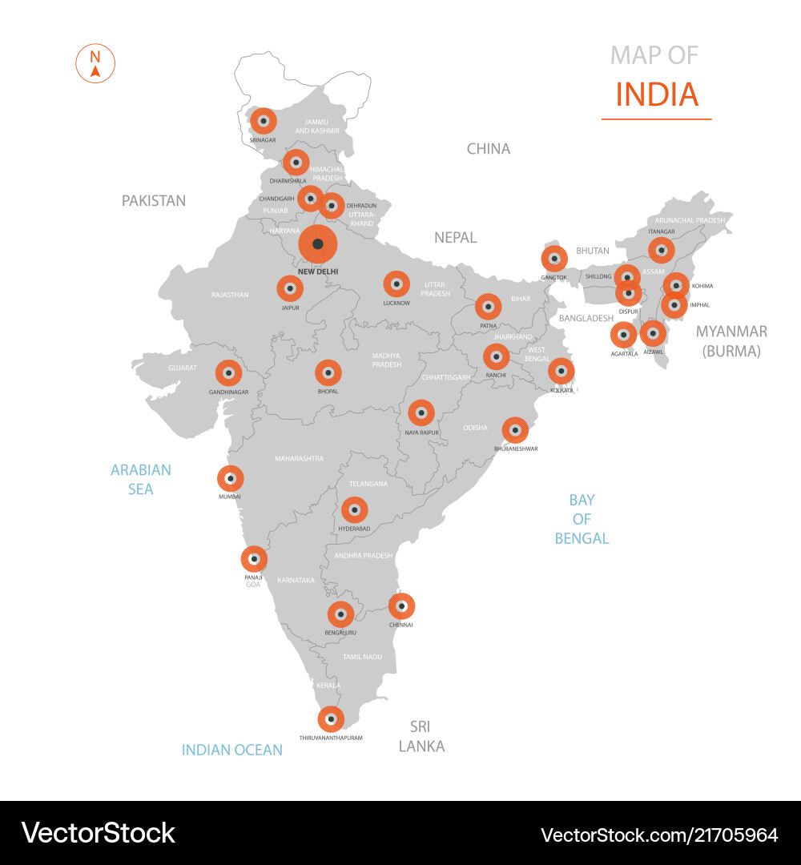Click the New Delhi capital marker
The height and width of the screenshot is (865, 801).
click(x=318, y=244)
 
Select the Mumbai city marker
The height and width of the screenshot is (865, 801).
click(x=231, y=479)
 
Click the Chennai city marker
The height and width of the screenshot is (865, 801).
click(x=401, y=606)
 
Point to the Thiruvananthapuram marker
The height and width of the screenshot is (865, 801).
click(x=331, y=719)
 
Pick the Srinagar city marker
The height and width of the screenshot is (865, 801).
click(x=263, y=121)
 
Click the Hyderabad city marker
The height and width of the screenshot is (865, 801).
click(x=354, y=509)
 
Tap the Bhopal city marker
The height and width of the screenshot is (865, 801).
click(x=328, y=372)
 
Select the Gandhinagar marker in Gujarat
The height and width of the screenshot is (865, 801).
click(x=228, y=372)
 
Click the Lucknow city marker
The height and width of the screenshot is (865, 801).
click(x=396, y=284)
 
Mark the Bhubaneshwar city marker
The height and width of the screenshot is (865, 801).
click(x=515, y=430)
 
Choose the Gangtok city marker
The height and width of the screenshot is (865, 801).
click(x=553, y=259)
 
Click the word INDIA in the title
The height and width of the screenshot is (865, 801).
click(x=657, y=95)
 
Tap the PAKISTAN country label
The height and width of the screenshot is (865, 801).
click(x=154, y=200)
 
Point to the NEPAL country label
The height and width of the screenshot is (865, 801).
click(x=455, y=237)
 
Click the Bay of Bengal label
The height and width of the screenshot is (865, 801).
click(x=582, y=519)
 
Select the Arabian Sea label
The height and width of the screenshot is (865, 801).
click(x=141, y=479)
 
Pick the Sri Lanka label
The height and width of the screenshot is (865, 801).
click(x=421, y=736)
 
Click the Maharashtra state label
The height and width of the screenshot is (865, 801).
click(x=299, y=459)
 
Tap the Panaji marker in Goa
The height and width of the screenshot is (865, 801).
click(x=254, y=558)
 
